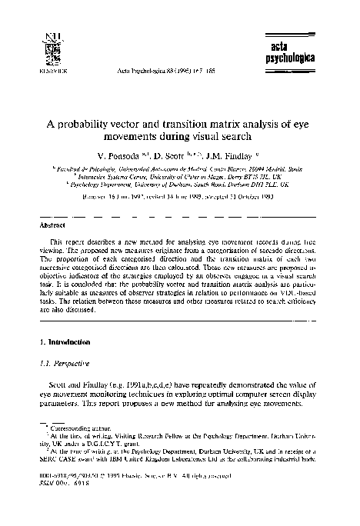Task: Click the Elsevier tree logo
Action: point(52,48)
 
